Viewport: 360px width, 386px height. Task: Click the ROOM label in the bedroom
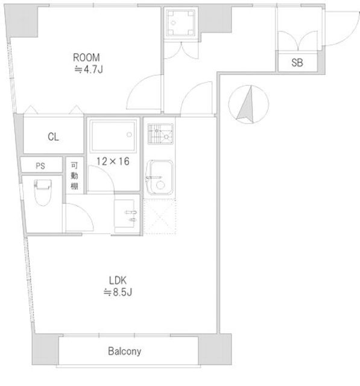click(86, 58)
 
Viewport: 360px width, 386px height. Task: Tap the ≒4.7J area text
click(89, 70)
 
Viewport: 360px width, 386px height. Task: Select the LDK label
click(118, 280)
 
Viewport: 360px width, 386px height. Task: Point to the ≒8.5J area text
click(118, 293)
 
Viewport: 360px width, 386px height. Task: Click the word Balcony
click(124, 351)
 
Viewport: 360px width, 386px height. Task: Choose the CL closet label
click(54, 137)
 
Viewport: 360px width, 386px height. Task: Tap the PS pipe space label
click(40, 166)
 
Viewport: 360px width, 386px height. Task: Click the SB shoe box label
click(297, 63)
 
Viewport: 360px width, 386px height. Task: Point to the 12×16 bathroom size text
click(113, 162)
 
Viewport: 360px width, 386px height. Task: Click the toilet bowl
click(43, 192)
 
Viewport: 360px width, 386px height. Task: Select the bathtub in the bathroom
click(113, 135)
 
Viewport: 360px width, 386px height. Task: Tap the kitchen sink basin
click(159, 177)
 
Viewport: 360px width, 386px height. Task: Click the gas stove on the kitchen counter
click(160, 134)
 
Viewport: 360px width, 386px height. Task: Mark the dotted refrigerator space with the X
click(160, 217)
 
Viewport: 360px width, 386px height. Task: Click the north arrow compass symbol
click(248, 104)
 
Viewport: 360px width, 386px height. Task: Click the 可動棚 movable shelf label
click(74, 176)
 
